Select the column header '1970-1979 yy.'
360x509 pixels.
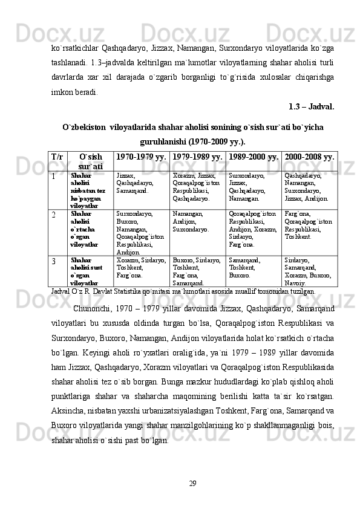coord(141,157)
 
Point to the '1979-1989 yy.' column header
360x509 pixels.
coord(198,157)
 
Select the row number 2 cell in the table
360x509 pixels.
coord(54,214)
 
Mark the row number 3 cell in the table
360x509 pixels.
coord(54,261)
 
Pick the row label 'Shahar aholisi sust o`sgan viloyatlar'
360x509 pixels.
coord(86,271)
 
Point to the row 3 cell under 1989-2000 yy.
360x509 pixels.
coord(246,266)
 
